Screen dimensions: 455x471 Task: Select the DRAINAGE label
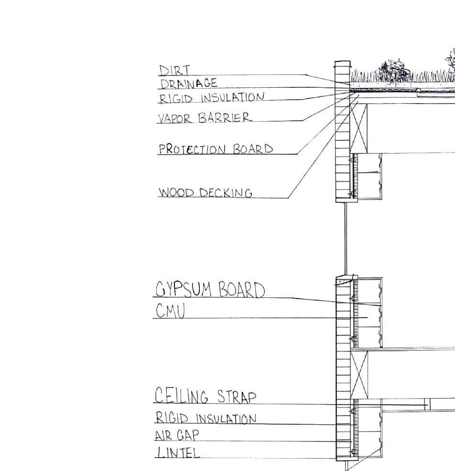(189, 84)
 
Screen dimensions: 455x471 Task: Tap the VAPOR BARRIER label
(204, 117)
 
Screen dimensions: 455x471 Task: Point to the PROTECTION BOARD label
(216, 149)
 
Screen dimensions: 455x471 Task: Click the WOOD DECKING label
(206, 193)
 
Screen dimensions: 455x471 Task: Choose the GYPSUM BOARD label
(210, 290)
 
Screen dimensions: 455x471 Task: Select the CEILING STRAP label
(206, 396)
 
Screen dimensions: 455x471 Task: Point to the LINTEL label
(177, 452)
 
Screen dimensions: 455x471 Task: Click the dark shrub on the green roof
(394, 71)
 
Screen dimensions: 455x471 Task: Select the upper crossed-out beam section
(359, 126)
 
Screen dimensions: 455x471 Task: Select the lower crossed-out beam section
(360, 374)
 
